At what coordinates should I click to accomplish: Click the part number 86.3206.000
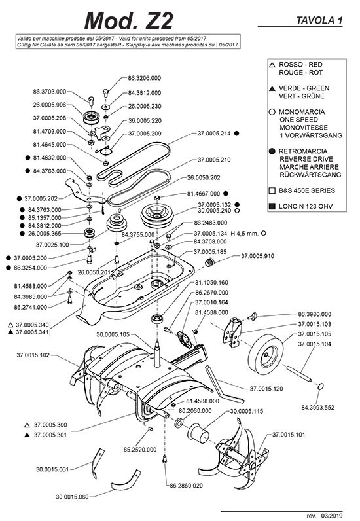(x=144, y=78)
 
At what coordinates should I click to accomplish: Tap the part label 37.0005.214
(x=214, y=134)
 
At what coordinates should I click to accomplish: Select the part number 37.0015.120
(x=266, y=389)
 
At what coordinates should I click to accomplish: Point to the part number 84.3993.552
(x=318, y=408)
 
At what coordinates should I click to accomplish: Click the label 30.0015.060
(x=72, y=497)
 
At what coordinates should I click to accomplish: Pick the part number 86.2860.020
(x=186, y=486)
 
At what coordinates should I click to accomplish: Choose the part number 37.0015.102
(x=33, y=355)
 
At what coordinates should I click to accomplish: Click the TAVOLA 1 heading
(x=319, y=20)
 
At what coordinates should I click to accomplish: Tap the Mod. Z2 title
(x=129, y=20)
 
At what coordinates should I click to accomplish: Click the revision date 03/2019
(x=332, y=516)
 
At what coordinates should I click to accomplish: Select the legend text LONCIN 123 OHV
(x=306, y=206)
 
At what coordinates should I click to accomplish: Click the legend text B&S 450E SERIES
(x=307, y=190)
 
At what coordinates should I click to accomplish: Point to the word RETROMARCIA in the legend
(x=303, y=151)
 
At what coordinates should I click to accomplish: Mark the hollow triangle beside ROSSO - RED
(x=272, y=65)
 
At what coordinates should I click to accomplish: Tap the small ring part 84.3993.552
(x=321, y=386)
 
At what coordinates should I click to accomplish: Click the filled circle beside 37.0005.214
(x=237, y=134)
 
